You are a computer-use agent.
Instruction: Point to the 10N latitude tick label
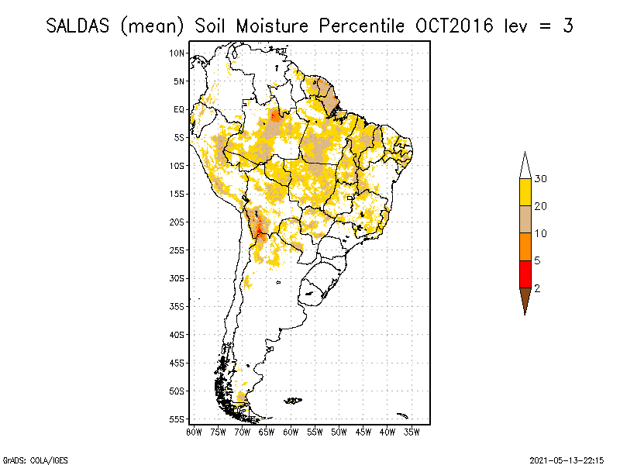coord(177,53)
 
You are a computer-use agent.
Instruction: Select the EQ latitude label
coord(179,109)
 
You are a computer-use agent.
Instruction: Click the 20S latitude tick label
coord(177,222)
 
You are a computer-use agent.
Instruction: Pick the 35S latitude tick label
coord(177,306)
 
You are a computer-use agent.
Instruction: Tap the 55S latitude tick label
coord(177,418)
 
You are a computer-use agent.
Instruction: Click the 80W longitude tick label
coord(194,431)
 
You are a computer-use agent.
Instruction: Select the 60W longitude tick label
coord(291,431)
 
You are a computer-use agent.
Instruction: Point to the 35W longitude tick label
coord(412,431)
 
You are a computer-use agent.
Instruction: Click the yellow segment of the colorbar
coord(525,192)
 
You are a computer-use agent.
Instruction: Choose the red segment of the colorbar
coord(525,274)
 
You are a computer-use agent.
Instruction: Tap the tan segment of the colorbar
coord(525,219)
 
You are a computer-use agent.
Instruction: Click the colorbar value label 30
coord(541,179)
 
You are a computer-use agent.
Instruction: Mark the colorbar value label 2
coord(537,288)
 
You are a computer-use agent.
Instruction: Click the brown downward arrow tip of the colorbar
coord(525,302)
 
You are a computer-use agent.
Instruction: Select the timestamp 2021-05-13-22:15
coord(567,460)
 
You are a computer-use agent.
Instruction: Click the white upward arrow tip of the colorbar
coord(525,164)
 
